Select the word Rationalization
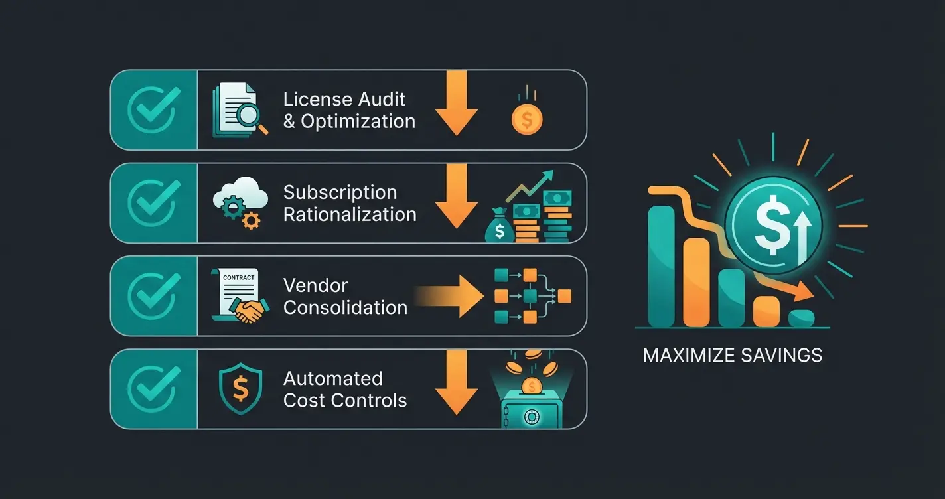[350, 214]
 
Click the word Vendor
[315, 285]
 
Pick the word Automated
[332, 378]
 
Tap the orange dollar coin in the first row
[527, 120]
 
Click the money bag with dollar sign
[498, 230]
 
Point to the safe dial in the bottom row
[530, 417]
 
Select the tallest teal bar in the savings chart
[660, 265]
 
